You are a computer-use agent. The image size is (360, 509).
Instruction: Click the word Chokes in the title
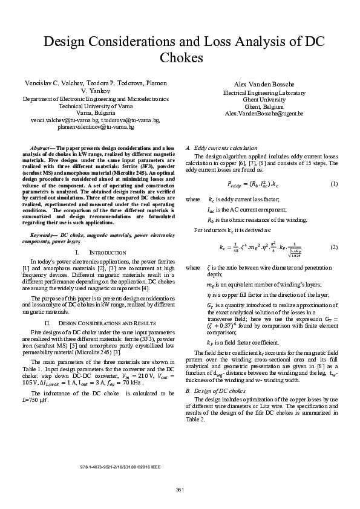[180, 58]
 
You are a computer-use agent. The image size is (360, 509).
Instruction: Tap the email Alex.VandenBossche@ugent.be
[264, 113]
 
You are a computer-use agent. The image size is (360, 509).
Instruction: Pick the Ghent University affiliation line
[264, 100]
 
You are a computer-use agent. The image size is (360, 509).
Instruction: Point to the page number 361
[180, 489]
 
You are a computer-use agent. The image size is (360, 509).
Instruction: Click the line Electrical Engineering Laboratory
[264, 93]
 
